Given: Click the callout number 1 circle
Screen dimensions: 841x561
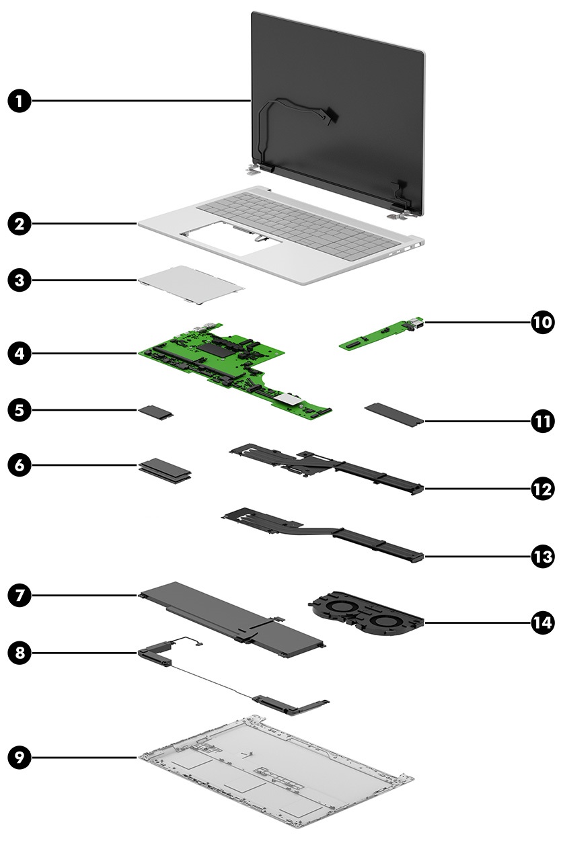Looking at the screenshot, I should [21, 102].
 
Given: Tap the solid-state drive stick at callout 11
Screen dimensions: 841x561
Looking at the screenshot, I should [394, 412].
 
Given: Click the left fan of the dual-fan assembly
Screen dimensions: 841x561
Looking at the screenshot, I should [336, 604].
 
